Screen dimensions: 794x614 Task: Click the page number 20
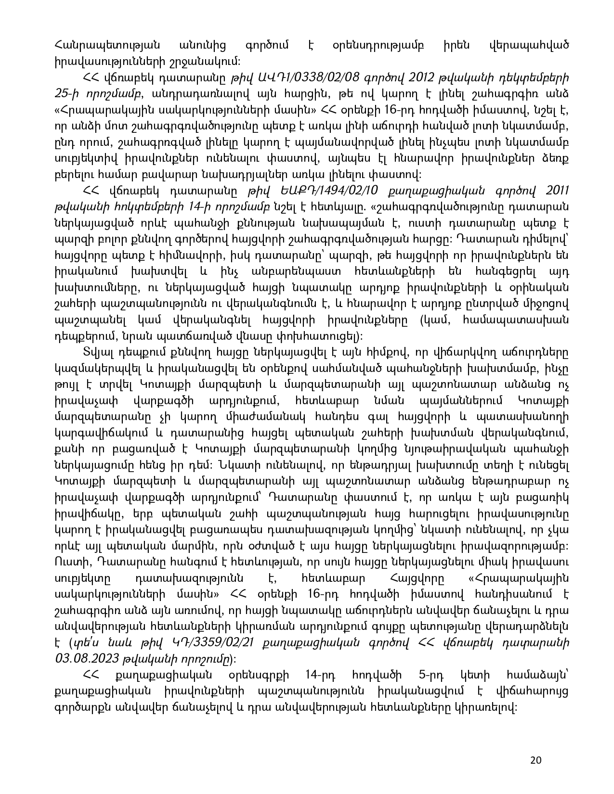tap(536, 760)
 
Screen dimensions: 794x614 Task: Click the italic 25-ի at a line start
tap(65, 91)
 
